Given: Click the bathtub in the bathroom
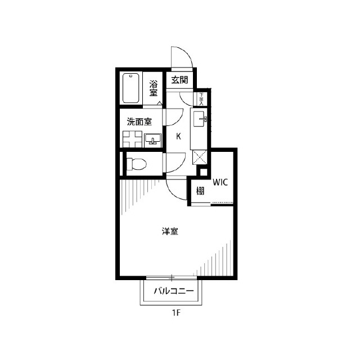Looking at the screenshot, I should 132,88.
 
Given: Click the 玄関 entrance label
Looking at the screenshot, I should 180,79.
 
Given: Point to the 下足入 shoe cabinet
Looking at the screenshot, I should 201,99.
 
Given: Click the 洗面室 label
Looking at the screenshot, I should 138,121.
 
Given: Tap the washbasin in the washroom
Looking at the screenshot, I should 152,139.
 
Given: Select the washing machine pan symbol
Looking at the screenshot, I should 133,139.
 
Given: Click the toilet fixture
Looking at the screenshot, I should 137,164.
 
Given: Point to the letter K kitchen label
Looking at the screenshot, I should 178,136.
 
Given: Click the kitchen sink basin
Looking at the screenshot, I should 201,119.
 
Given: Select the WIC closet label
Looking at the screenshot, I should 220,182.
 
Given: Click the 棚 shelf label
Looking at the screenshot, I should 200,191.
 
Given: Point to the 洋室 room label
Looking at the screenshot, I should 170,231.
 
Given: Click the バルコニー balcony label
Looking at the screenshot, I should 174,292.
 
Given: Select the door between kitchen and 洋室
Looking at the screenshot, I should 178,190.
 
